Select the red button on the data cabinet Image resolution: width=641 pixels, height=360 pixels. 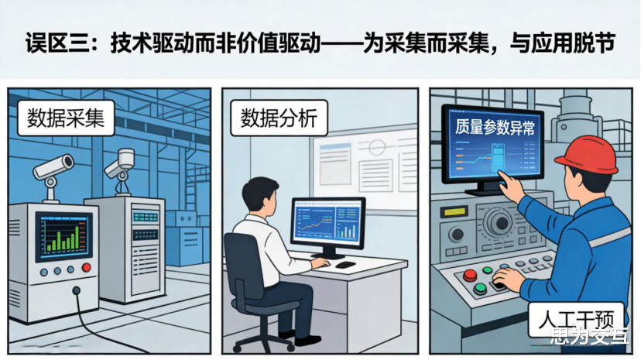86,268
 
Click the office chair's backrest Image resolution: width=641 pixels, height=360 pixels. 242,263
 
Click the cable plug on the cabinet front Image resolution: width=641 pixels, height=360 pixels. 75,292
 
